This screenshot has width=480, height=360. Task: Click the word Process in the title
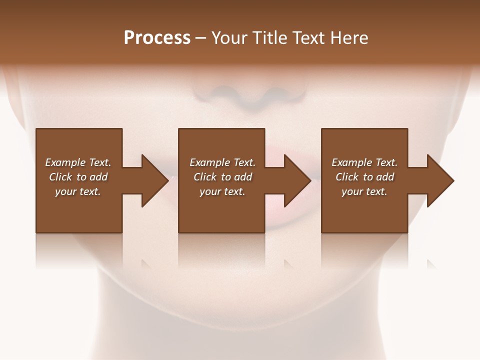(x=157, y=38)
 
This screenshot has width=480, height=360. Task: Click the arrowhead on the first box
(x=154, y=180)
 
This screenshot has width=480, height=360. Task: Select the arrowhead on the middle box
(x=297, y=180)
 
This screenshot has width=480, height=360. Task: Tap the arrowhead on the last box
(x=440, y=180)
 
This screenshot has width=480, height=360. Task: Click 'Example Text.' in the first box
(x=78, y=162)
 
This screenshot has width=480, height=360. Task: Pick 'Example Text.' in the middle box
(x=222, y=162)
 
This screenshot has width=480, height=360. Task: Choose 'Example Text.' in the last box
(x=364, y=162)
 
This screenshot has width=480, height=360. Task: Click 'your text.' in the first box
(x=78, y=191)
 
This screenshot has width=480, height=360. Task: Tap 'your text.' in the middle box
(x=222, y=191)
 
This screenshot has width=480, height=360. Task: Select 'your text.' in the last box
(x=364, y=191)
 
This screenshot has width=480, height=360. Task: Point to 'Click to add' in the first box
(x=78, y=177)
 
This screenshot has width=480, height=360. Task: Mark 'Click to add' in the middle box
(x=222, y=177)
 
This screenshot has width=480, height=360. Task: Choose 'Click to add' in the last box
(x=364, y=177)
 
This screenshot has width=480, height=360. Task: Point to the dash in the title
(x=200, y=38)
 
